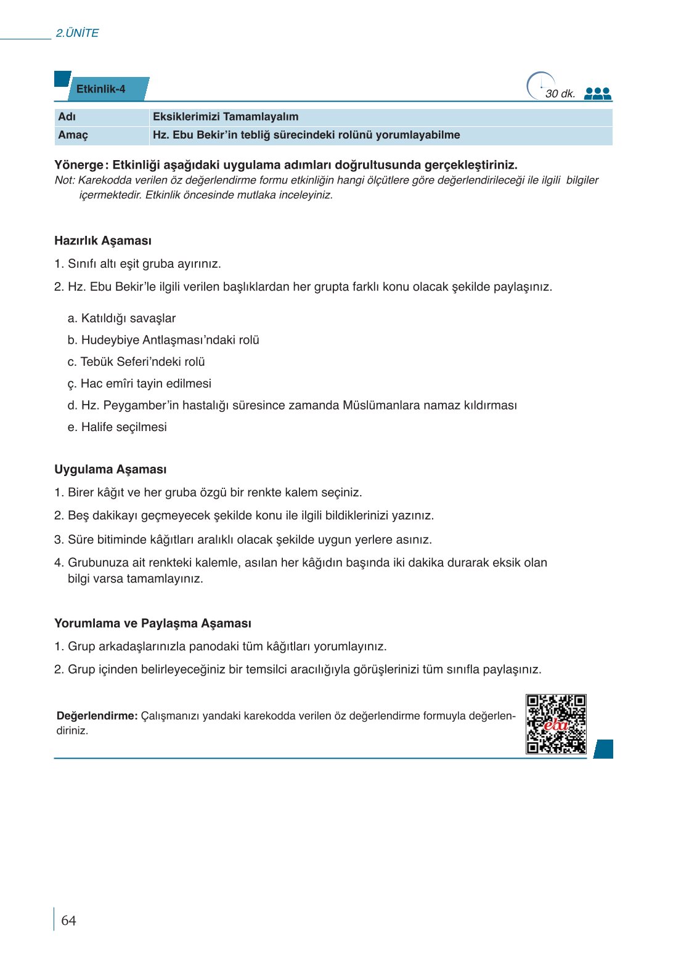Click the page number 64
[x=68, y=921]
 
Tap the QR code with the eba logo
[x=556, y=724]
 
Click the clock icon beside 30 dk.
[x=539, y=86]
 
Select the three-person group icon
[x=597, y=94]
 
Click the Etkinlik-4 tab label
[x=101, y=89]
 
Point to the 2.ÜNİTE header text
[x=77, y=33]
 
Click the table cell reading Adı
[x=67, y=117]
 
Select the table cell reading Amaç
[x=73, y=135]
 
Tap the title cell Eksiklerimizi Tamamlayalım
[x=226, y=117]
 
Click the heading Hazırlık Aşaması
[x=103, y=241]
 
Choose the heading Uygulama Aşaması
[x=110, y=469]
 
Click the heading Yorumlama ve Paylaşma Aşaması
[x=153, y=623]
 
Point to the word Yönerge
[x=79, y=165]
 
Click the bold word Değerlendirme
[x=97, y=716]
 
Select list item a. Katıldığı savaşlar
[x=121, y=318]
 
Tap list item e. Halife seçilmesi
[x=117, y=427]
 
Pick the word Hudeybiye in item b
[x=110, y=340]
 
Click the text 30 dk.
[x=560, y=94]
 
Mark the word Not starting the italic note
[x=63, y=180]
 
